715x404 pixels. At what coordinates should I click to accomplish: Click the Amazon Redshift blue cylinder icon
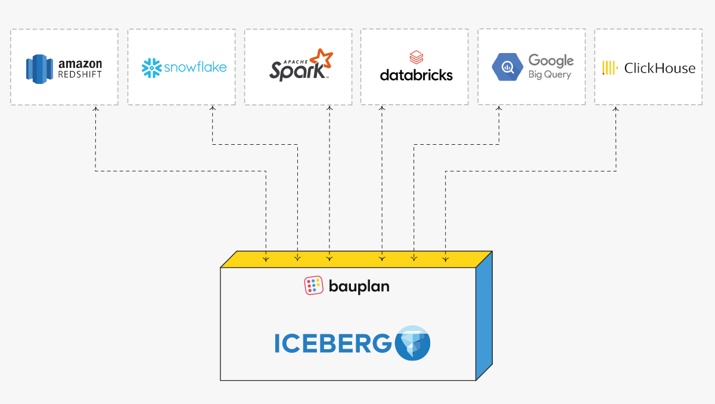pos(40,68)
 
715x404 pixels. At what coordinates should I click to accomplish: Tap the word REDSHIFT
pos(80,74)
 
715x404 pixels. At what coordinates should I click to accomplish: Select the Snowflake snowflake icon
pos(151,68)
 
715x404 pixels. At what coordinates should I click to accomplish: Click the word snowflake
pos(195,67)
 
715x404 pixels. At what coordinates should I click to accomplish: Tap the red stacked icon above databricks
pos(416,58)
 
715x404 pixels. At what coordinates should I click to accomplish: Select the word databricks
pos(416,76)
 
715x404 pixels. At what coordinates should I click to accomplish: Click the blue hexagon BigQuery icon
pos(507,67)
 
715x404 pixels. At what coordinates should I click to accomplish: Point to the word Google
pos(551,60)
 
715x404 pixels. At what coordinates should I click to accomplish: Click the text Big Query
pos(549,74)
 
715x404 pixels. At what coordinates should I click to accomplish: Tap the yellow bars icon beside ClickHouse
pos(609,68)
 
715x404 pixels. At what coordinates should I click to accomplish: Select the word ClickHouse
pos(660,68)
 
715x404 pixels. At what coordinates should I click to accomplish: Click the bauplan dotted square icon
pos(314,286)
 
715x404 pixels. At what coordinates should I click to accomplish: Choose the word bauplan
pos(359,286)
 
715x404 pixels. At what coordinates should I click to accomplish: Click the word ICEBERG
pos(333,344)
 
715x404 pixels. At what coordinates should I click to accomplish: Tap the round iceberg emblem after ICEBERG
pos(413,343)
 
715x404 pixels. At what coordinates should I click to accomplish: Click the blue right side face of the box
pos(484,316)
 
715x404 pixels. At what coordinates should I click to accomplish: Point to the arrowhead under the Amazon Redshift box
pos(95,110)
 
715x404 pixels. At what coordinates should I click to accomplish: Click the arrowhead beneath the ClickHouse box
pos(616,110)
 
